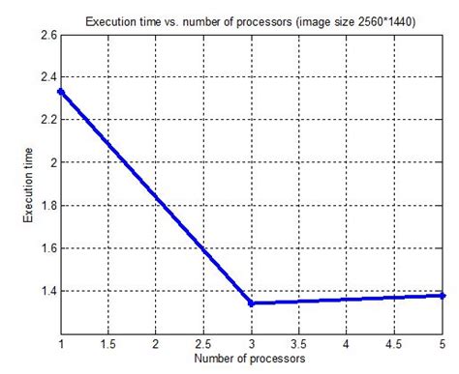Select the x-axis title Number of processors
(x=250, y=359)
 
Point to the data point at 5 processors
(x=444, y=295)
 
